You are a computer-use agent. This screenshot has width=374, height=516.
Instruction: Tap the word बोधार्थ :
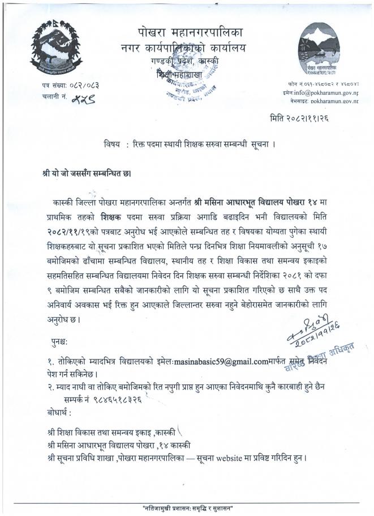click(59, 410)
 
